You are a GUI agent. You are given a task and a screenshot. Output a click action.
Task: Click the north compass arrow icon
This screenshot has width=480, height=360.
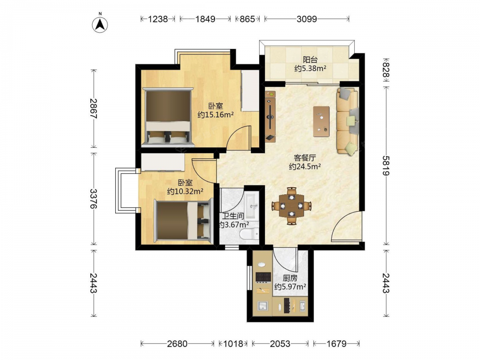point(100,24)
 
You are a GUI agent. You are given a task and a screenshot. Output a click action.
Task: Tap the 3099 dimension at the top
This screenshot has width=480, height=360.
point(307,19)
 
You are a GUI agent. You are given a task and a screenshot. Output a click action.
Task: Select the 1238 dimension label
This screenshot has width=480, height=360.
point(158,19)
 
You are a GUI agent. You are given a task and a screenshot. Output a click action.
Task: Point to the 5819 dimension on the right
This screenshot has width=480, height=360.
point(386,166)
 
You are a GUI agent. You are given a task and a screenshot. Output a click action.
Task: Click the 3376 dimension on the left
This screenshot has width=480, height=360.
point(94,199)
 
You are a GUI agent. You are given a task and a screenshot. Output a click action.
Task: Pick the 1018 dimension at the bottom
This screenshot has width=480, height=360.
point(233,344)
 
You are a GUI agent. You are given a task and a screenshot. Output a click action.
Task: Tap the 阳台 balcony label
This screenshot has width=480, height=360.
point(310,60)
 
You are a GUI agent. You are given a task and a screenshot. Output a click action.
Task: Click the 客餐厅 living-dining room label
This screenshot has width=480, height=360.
point(305,158)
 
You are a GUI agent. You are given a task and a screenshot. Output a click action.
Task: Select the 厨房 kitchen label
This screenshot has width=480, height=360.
point(290,278)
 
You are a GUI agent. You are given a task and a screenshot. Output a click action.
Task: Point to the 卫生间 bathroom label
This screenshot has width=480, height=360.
point(233,216)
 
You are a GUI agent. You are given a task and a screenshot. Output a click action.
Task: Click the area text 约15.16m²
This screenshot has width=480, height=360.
point(216,115)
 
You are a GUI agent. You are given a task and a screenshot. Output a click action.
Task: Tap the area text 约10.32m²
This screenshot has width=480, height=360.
point(185,192)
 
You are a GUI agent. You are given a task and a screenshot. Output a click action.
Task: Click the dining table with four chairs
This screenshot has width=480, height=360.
point(291,206)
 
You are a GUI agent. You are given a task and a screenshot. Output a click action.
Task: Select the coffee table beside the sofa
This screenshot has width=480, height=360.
point(322,121)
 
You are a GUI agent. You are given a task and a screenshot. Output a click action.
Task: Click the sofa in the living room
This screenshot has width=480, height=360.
point(348,121)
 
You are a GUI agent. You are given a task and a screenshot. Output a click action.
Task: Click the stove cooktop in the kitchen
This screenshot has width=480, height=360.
point(263,277)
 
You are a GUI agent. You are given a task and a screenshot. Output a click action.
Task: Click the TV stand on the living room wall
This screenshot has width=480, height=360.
point(270,116)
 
